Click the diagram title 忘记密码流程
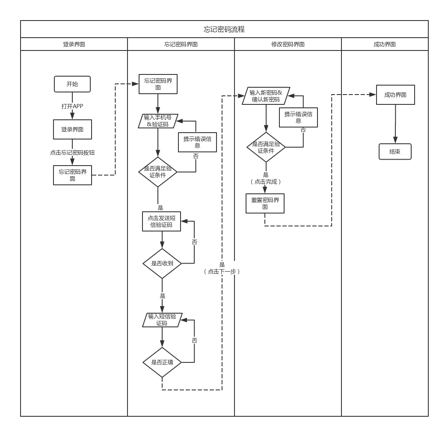224,30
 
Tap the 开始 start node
72,84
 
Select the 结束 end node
395,151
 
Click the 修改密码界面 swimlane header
288,44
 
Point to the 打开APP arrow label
72,106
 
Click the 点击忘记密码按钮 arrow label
72,152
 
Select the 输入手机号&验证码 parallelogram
158,121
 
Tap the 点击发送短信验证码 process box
161,221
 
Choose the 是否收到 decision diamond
162,264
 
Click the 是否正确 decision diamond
162,362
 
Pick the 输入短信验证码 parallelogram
162,320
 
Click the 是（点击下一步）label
222,268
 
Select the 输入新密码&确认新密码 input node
266,96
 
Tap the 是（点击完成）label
266,178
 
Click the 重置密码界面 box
265,203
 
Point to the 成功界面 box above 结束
395,95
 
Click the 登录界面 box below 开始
72,129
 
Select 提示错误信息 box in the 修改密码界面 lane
298,117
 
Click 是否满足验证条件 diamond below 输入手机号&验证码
158,172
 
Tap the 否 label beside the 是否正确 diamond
194,340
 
